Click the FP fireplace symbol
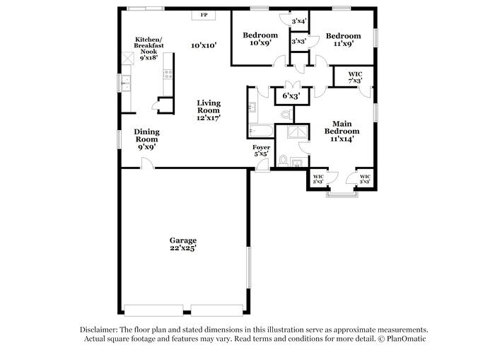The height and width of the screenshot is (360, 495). click(204, 15)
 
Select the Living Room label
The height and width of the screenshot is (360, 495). click(209, 110)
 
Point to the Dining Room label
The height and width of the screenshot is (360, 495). click(147, 139)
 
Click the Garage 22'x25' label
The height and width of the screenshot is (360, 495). click(182, 244)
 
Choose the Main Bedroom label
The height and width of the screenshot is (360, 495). click(342, 131)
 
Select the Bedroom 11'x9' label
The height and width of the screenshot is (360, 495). click(343, 40)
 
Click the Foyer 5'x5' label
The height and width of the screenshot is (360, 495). click(262, 151)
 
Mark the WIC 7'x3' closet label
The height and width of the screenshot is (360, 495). click(355, 77)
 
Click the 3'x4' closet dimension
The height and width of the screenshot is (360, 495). click(298, 21)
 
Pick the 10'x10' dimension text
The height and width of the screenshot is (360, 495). click(204, 45)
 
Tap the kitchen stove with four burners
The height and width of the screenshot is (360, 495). click(168, 73)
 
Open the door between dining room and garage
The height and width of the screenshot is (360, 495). click(146, 164)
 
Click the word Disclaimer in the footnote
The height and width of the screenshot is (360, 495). click(98, 330)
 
